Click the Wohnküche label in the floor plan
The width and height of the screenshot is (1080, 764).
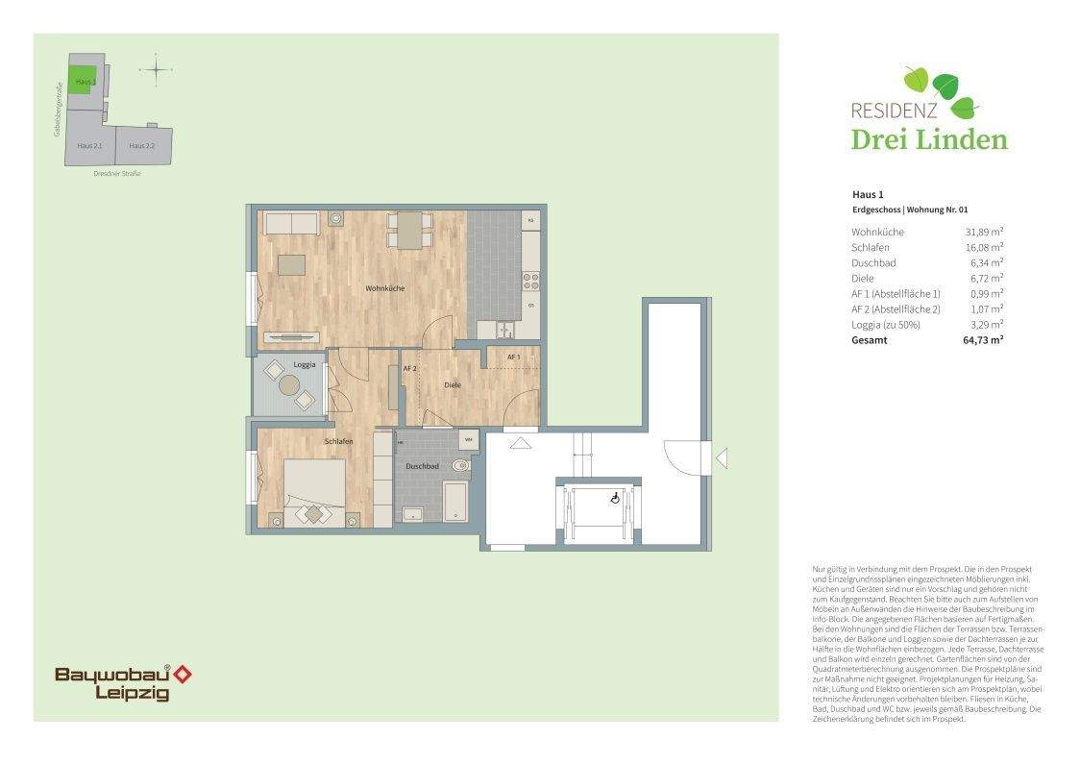tap(383, 288)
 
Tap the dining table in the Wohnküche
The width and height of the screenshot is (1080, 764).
tap(408, 231)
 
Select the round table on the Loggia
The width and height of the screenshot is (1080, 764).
tap(289, 385)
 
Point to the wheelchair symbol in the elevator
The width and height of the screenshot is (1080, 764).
tap(615, 498)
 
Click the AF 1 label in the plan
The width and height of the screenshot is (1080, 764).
tap(513, 357)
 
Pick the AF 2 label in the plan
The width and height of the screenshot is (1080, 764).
tap(408, 368)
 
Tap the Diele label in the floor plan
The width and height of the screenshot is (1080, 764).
tap(452, 385)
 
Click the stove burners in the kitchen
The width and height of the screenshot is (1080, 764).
tap(529, 281)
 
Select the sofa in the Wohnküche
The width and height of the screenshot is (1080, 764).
tap(291, 224)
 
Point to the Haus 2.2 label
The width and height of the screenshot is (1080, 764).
tap(141, 145)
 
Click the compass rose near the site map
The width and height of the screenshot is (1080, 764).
tap(155, 69)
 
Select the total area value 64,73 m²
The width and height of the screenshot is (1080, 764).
tap(983, 340)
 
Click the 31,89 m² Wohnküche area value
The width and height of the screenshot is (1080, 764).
tap(984, 232)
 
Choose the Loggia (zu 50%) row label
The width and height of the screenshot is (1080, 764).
tap(885, 325)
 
